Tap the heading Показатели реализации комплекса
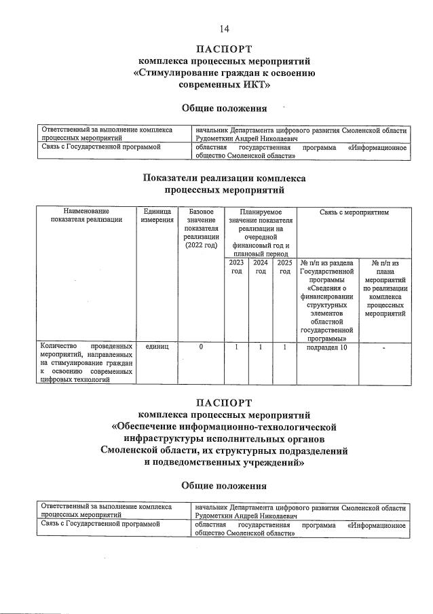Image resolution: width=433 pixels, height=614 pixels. point(224,178)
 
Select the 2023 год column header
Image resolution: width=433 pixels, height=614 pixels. point(236,267)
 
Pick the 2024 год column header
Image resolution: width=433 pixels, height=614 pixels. point(261,267)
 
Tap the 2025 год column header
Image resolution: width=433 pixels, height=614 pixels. point(284,267)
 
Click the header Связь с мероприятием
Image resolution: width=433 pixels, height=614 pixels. point(353,212)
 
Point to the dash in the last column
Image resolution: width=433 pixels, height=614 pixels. point(384,348)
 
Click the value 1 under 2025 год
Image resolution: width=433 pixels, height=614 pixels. point(284,347)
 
